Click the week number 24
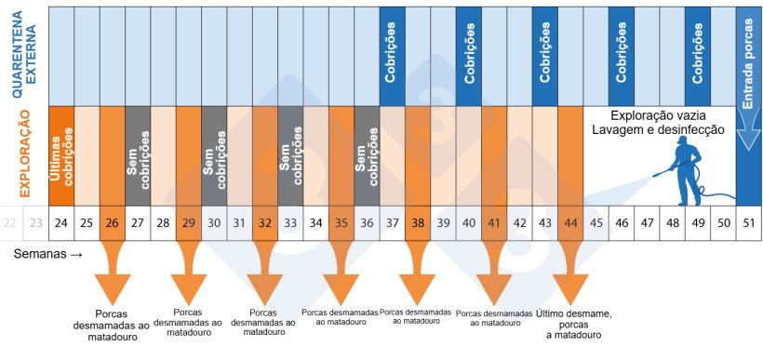[61, 223]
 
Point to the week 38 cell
[417, 223]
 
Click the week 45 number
[596, 223]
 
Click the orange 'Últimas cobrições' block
[61, 155]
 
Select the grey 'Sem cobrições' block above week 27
[138, 155]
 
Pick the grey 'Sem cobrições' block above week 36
[367, 155]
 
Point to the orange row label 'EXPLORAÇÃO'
[25, 155]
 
